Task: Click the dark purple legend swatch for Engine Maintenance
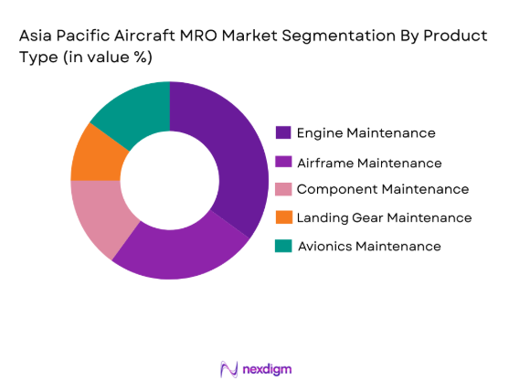click(283, 132)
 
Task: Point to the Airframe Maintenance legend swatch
click(283, 162)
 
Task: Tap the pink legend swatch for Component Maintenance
click(283, 189)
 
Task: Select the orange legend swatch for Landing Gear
click(283, 217)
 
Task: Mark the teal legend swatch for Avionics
click(283, 246)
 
